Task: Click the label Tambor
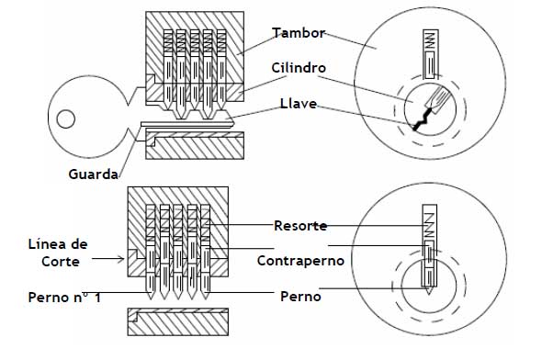[298, 34]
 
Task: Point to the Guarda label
[91, 173]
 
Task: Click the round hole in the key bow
[65, 118]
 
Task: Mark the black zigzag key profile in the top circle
[423, 117]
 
